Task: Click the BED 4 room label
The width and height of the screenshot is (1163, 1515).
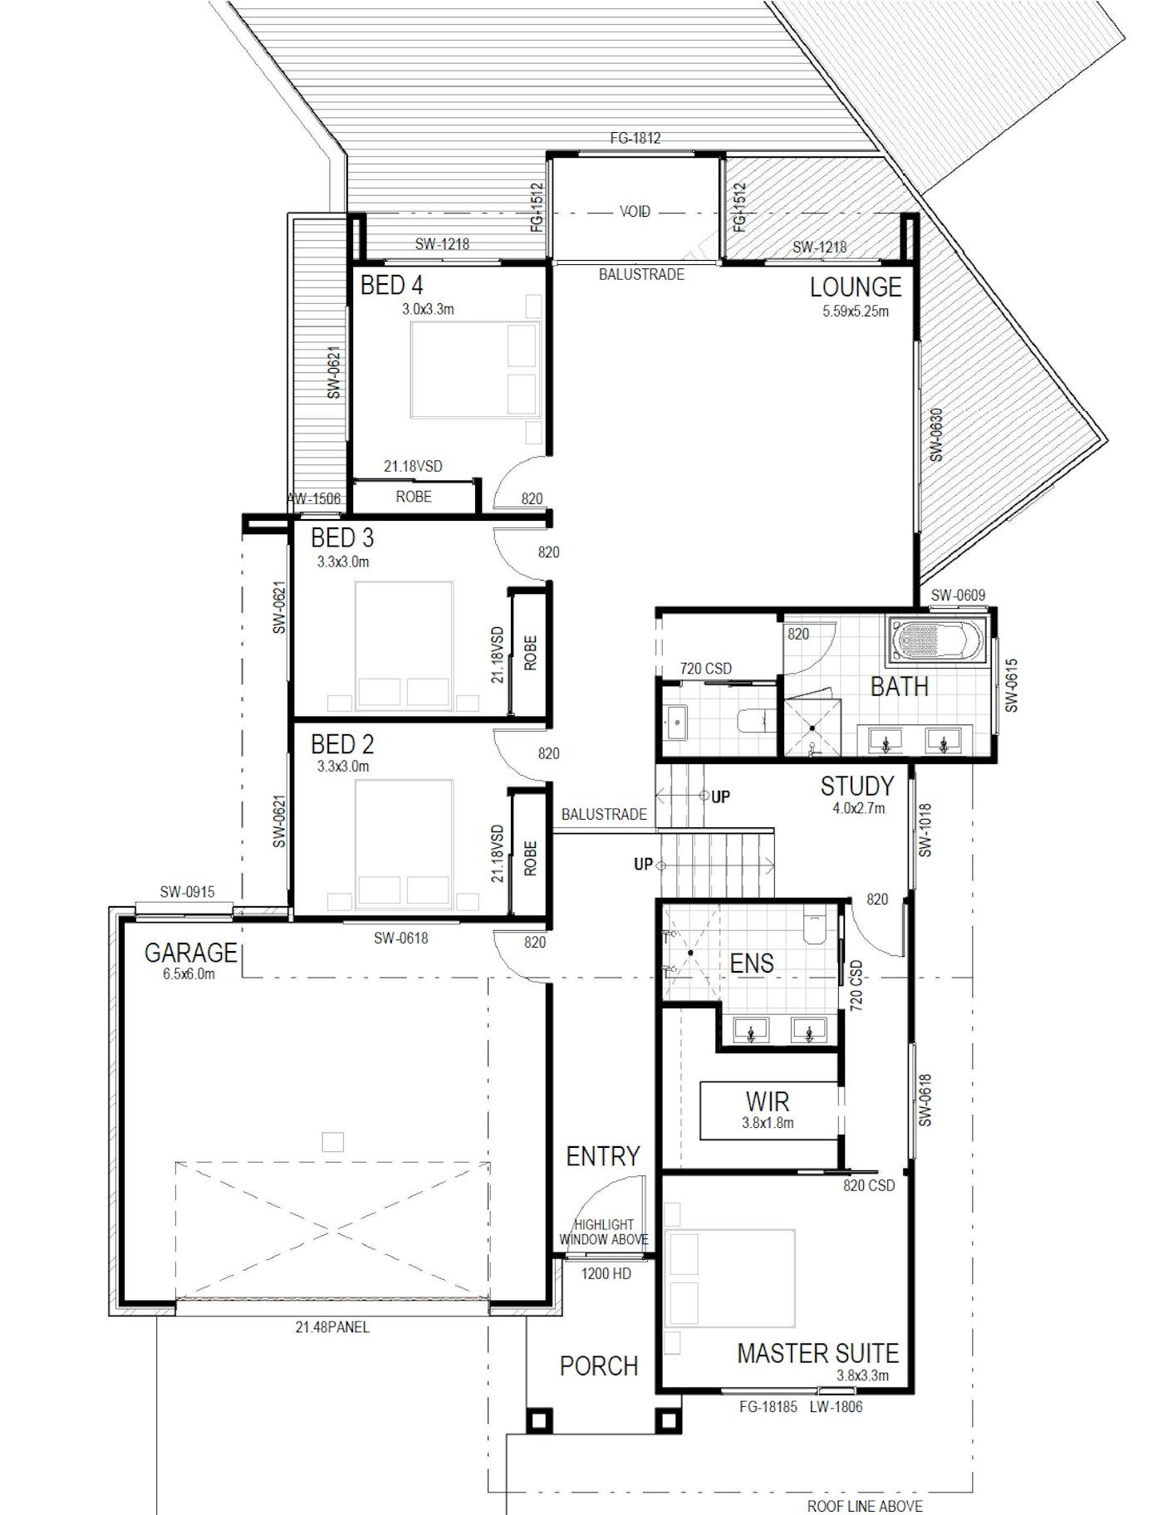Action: point(391,286)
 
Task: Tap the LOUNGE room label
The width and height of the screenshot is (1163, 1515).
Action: point(856,287)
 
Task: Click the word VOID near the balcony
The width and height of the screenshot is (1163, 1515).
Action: point(635,212)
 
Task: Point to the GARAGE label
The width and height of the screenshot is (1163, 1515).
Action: point(190,953)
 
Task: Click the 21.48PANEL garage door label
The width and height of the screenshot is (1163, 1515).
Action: point(332,1327)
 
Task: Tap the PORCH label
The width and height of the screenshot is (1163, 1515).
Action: point(598,1366)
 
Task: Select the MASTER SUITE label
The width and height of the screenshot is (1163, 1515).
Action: point(817,1354)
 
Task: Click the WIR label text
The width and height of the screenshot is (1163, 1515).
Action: point(767,1102)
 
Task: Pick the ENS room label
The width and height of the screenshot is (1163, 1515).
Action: point(751,963)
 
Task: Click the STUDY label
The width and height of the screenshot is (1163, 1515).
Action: point(857,786)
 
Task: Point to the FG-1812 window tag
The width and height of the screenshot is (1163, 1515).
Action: point(635,138)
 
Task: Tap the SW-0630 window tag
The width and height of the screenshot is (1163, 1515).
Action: point(936,434)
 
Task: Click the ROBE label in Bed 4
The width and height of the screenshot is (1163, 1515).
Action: point(414,497)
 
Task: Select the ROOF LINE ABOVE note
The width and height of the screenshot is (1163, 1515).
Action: point(865,1506)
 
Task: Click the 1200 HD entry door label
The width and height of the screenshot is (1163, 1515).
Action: point(606,1273)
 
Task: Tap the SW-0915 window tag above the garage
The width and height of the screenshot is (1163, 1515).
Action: point(187,892)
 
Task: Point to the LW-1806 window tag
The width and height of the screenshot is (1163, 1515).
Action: point(837,1407)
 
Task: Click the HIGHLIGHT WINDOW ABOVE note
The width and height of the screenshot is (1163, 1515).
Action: point(604,1232)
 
